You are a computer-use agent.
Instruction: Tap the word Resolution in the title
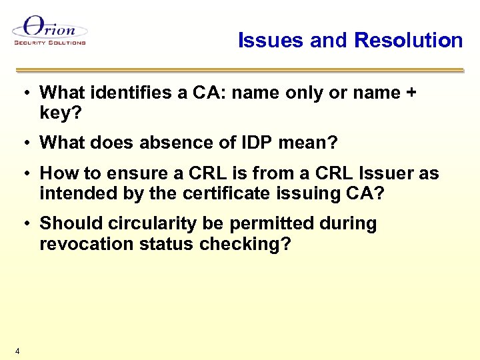click(x=408, y=40)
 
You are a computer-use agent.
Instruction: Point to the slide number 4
click(x=17, y=351)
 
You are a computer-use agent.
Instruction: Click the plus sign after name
click(x=410, y=93)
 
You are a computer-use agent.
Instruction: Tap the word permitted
click(x=290, y=223)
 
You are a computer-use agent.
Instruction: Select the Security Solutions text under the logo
click(x=50, y=43)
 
